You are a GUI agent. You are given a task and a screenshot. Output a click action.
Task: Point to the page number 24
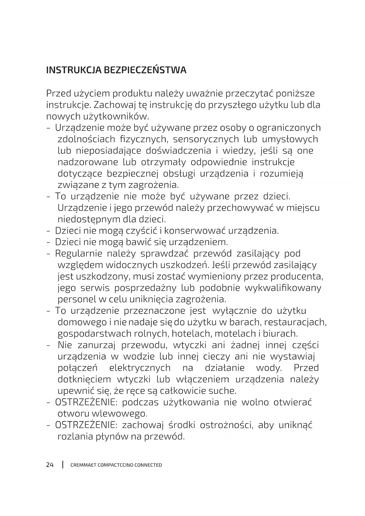click(50, 465)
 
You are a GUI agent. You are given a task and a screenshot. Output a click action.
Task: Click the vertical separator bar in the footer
click(63, 465)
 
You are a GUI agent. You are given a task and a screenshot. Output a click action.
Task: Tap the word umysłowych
click(290, 139)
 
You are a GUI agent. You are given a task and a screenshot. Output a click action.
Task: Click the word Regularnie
click(79, 254)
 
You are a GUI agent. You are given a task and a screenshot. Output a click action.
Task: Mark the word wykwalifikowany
click(283, 288)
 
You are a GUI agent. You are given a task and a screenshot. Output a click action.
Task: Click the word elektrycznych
click(140, 368)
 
